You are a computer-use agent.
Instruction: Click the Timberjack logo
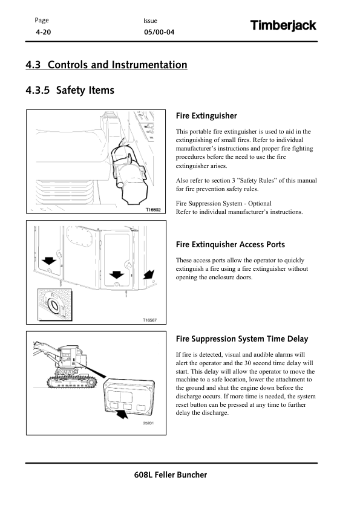(x=283, y=25)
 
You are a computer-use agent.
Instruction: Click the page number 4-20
(x=43, y=32)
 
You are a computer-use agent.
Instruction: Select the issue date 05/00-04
(x=159, y=32)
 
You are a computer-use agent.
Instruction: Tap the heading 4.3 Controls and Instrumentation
(x=106, y=65)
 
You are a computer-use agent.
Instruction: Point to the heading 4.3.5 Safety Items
(x=70, y=90)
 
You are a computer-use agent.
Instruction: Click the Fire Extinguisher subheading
(x=206, y=116)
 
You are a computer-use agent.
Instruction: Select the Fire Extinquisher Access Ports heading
(x=231, y=244)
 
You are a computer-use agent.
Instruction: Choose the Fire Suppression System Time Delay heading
(x=242, y=339)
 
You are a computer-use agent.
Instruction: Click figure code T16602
(x=152, y=210)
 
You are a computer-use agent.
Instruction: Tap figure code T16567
(x=149, y=320)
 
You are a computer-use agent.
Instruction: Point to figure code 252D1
(x=148, y=423)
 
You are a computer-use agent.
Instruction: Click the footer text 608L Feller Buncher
(x=171, y=475)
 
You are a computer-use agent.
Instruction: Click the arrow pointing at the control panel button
(x=122, y=413)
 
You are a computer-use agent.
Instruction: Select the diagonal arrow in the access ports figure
(x=149, y=274)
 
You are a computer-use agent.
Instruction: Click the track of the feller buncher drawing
(x=71, y=382)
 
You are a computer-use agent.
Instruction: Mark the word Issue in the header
(x=150, y=21)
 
